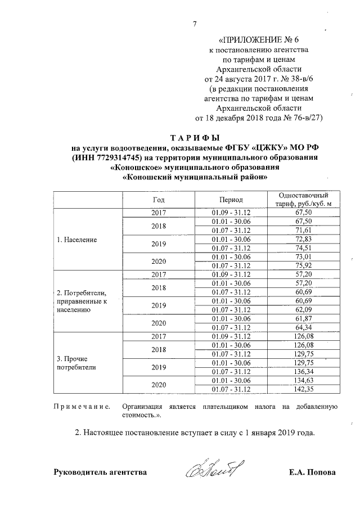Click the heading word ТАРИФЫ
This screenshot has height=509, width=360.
194,137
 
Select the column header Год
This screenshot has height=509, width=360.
159,199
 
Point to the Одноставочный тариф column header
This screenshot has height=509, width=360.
303,199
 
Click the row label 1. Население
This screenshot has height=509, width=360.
77,240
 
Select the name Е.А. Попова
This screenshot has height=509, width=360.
311,472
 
